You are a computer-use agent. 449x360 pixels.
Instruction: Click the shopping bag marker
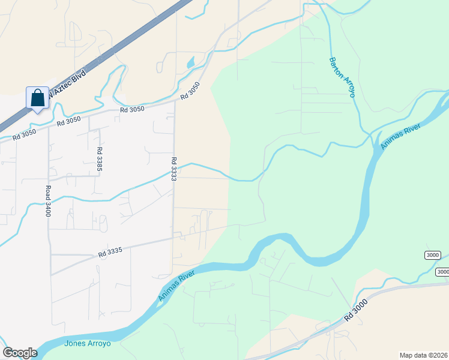(37, 98)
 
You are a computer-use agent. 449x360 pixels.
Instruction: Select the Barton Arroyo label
(342, 77)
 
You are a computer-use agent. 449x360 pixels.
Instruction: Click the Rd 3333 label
(174, 169)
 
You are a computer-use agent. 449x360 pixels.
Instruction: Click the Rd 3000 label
(356, 310)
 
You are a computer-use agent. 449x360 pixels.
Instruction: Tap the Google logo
(20, 353)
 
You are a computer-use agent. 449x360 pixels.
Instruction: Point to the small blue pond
(190, 62)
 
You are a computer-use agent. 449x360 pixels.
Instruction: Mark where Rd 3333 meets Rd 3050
(175, 101)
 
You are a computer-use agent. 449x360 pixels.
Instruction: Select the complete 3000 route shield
(432, 255)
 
